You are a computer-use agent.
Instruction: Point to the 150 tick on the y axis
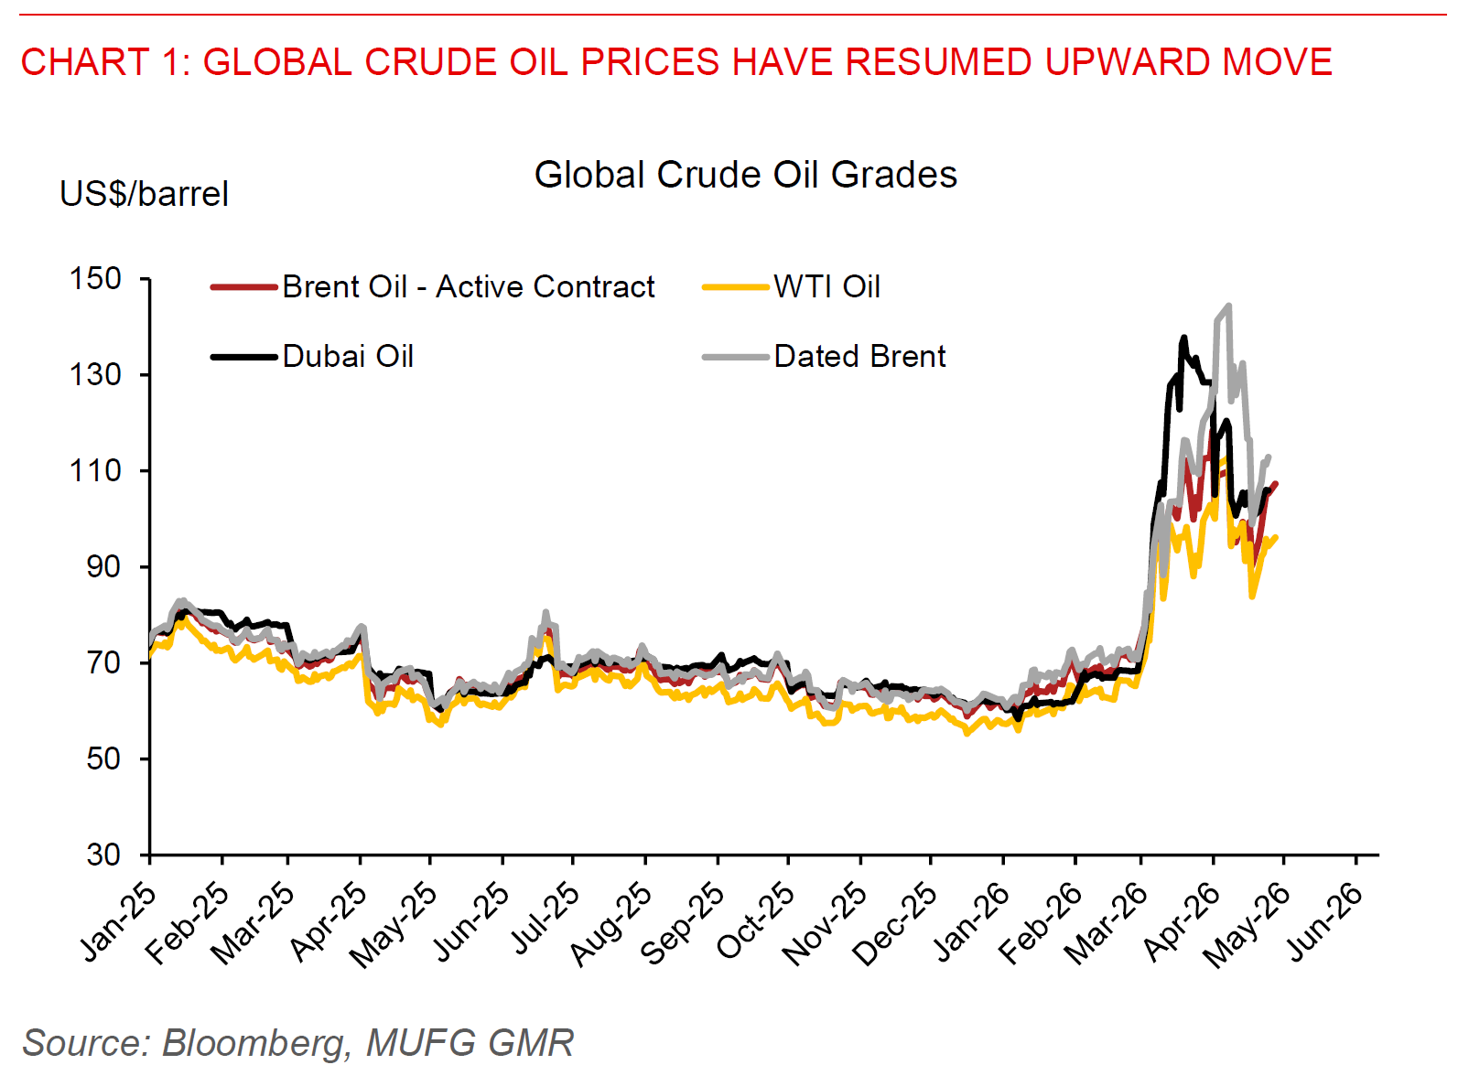point(95,278)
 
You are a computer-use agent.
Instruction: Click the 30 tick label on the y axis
point(103,855)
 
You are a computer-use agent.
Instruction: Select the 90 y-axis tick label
point(103,566)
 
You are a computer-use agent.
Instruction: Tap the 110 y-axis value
point(95,470)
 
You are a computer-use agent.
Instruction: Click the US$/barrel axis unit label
point(144,194)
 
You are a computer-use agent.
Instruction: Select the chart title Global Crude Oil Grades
point(745,175)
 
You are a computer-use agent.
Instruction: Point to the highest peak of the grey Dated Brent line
point(1228,307)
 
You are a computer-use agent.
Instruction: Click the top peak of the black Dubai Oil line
point(1183,338)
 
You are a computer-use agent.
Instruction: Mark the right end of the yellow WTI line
point(1276,537)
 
